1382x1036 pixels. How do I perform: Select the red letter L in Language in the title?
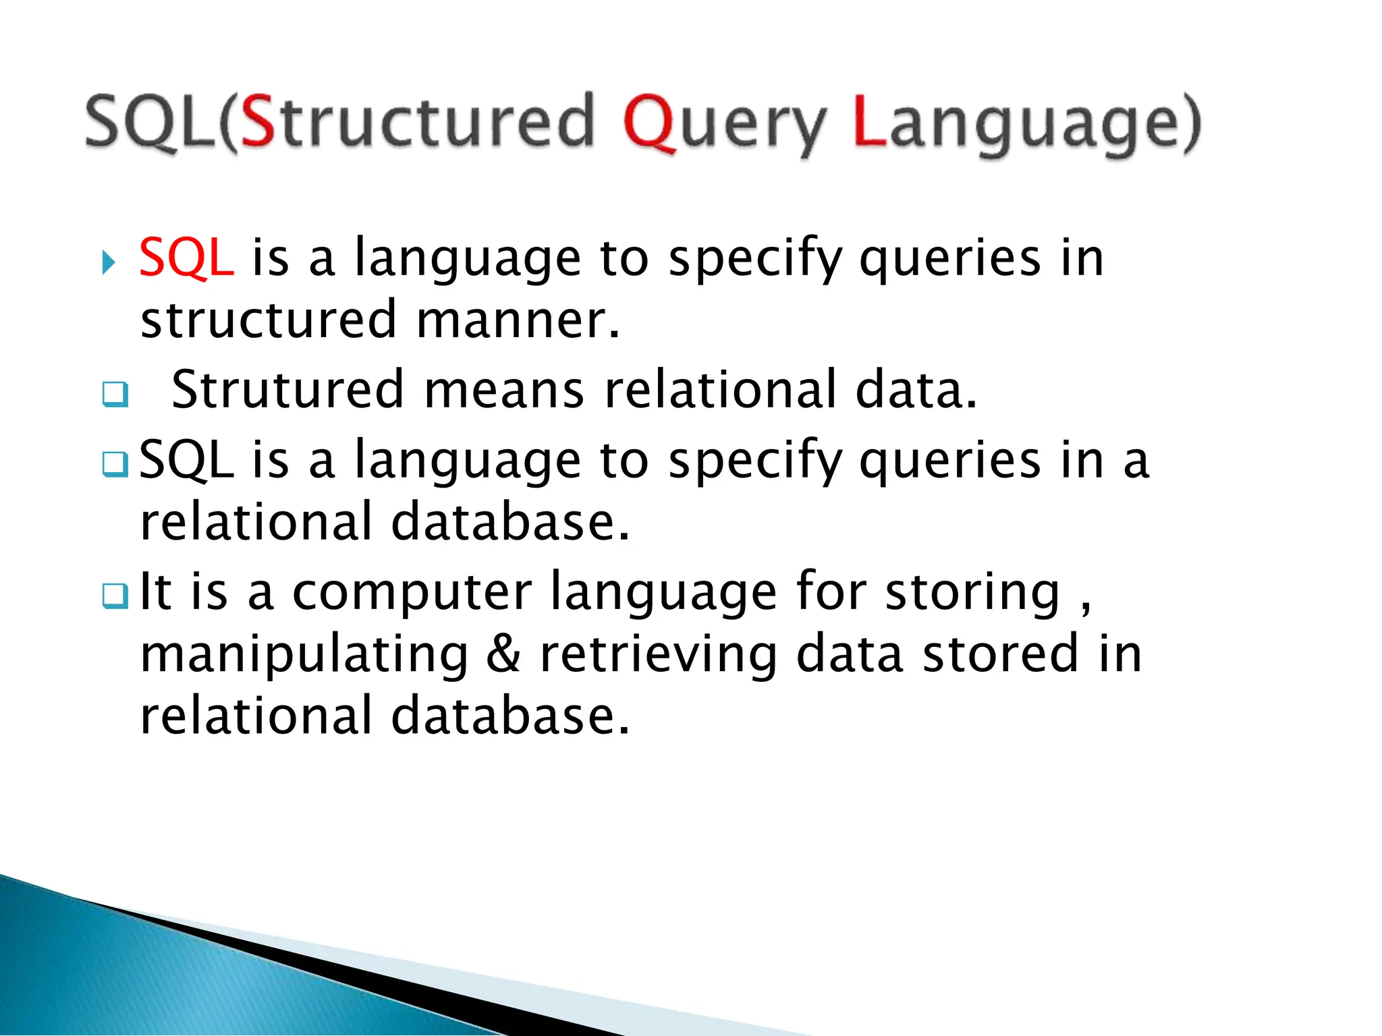pos(869,121)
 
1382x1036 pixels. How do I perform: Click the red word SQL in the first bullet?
pos(187,258)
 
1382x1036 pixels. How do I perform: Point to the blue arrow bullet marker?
pos(109,262)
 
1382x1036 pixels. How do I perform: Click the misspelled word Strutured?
pos(287,390)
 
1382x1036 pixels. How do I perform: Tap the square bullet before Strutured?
pos(115,394)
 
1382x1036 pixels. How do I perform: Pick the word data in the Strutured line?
pos(915,390)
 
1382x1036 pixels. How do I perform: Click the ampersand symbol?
pos(503,654)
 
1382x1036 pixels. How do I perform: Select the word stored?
pos(1000,654)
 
